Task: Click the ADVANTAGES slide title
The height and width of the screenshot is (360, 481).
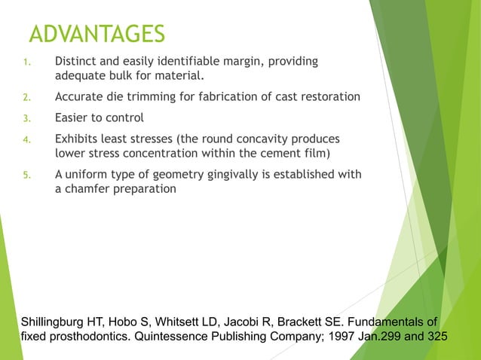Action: tap(96, 34)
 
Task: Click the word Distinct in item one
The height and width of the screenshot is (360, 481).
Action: tap(76, 61)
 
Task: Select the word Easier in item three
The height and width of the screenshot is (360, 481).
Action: tap(73, 118)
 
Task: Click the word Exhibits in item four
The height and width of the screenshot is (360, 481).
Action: tap(79, 139)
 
